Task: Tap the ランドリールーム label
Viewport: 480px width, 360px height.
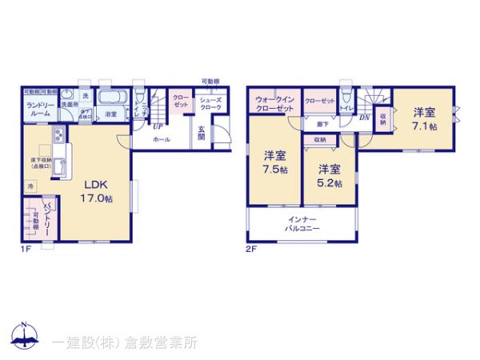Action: click(x=38, y=110)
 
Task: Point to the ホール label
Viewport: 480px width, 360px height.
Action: click(x=162, y=138)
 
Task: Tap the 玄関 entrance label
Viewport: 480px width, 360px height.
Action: click(x=202, y=133)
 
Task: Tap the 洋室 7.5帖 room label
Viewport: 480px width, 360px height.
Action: click(x=275, y=161)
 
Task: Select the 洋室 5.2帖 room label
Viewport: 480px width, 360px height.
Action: click(x=329, y=176)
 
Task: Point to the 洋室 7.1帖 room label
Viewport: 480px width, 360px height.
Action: click(x=424, y=118)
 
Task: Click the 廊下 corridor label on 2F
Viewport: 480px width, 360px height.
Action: click(x=322, y=124)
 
